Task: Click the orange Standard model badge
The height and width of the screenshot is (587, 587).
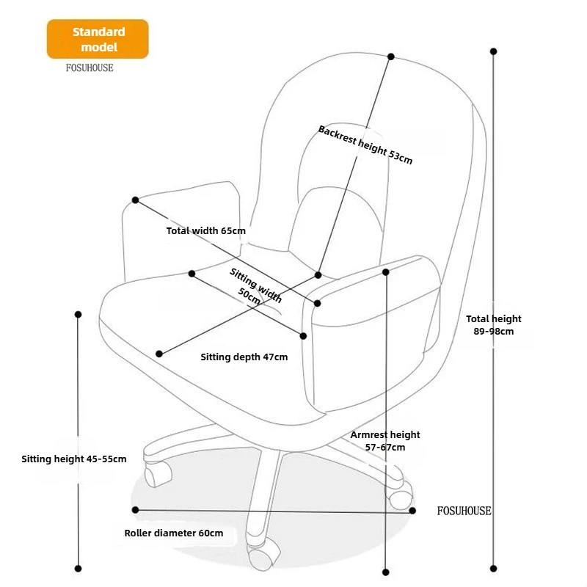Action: coord(98,39)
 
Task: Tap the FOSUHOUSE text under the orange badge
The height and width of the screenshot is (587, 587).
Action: coord(90,68)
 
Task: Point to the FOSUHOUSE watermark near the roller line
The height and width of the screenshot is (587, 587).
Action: coord(464,511)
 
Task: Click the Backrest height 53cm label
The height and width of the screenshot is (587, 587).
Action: coord(365,145)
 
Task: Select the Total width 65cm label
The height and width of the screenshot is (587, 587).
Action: coord(206,230)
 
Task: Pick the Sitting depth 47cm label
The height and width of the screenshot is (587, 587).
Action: coord(244,357)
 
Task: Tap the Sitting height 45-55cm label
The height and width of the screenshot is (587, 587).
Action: coord(74,459)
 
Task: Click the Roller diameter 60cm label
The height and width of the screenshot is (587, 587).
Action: coord(174,533)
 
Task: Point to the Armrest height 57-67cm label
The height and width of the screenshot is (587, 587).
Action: coord(384,441)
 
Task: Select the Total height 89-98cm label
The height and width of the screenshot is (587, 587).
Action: coord(493,325)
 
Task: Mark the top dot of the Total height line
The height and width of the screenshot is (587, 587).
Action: coord(493,51)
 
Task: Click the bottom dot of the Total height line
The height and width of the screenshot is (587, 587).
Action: coord(493,568)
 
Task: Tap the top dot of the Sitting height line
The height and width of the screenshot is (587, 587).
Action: coord(78,315)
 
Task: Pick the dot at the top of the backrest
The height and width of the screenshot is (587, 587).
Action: coord(391,56)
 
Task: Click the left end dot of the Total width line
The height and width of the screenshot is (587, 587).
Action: coord(136,200)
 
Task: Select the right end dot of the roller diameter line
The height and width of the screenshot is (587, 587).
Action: coord(412,511)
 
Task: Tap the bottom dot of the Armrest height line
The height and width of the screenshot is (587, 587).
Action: coord(386,572)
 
